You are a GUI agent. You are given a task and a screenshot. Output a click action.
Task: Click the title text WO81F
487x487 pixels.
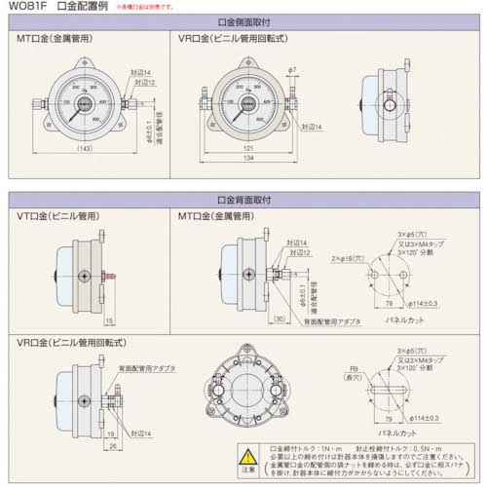[29, 7]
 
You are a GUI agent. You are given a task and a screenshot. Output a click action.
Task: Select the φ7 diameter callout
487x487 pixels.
[292, 71]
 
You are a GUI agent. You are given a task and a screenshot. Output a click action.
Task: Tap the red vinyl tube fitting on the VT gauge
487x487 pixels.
[109, 278]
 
